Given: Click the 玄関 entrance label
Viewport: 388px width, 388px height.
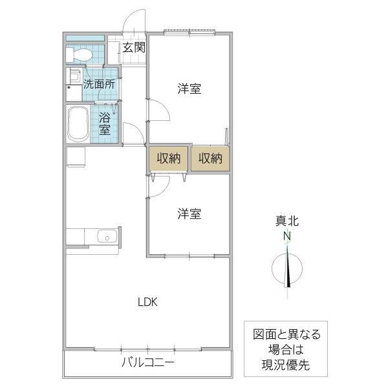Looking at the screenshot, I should click(x=135, y=47).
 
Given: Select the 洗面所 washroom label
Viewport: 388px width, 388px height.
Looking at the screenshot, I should click(x=99, y=83).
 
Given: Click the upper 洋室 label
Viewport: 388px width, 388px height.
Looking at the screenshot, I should click(x=189, y=89).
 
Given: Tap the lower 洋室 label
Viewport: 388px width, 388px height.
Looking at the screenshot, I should click(x=189, y=213).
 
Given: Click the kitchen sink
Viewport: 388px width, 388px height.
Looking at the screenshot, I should click(x=105, y=237).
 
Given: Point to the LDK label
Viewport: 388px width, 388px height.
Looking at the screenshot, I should click(x=147, y=301).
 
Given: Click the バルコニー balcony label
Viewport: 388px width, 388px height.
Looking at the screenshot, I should click(x=147, y=363).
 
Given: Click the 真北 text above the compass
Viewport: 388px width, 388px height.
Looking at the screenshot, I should click(x=286, y=222).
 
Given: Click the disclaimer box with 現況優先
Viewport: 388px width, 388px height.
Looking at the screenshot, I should click(x=286, y=349).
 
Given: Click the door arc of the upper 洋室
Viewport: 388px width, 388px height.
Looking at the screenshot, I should click(x=159, y=111).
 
